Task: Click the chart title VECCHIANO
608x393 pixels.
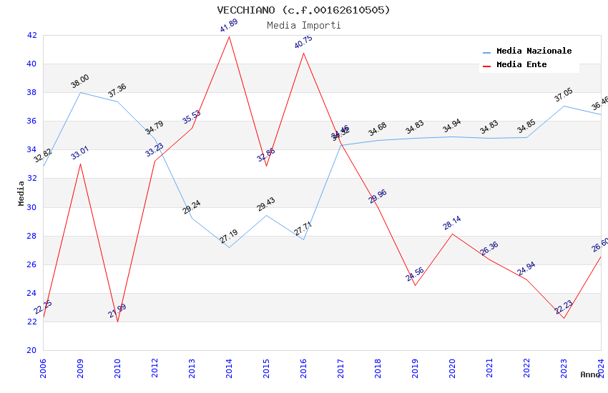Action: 304,10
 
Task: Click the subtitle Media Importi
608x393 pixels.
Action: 304,25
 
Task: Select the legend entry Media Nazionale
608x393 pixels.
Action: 534,51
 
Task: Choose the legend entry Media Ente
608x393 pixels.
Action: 521,65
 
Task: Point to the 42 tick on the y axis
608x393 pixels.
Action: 31,35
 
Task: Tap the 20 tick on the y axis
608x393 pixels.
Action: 31,350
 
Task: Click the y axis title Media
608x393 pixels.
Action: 21,193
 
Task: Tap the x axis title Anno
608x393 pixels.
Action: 590,374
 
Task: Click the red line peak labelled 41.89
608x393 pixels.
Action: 229,36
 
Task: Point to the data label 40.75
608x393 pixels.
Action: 303,43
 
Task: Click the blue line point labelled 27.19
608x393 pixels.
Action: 229,247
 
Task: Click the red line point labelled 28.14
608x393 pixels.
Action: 452,234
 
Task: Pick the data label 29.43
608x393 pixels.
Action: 266,205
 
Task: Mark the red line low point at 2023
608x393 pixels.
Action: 564,318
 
